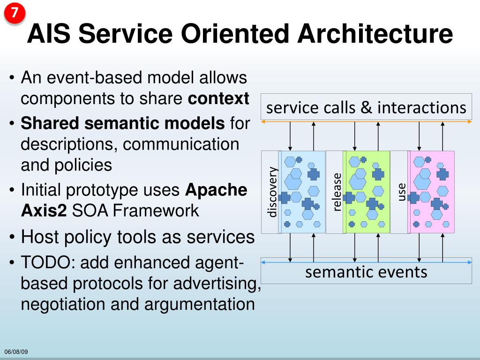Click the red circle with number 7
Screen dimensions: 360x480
pos(15,15)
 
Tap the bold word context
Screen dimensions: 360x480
pos(218,99)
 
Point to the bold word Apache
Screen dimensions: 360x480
pos(217,190)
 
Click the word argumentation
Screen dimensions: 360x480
pos(199,304)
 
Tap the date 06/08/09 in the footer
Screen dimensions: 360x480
pos(16,352)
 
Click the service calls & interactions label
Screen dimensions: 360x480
pos(366,108)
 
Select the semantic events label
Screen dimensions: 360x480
pos(366,272)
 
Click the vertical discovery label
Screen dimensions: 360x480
pos(272,192)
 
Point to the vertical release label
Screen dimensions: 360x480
pos(336,192)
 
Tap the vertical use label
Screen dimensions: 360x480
pos(401,192)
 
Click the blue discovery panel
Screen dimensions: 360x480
pos(303,192)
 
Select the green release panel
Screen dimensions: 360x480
pos(367,192)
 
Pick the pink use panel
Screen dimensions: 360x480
pos(432,192)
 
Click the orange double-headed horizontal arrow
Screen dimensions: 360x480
pos(366,121)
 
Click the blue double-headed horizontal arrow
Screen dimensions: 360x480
pos(366,262)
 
